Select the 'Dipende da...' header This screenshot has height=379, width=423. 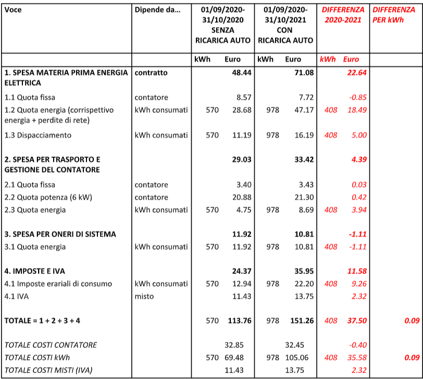pyautogui.click(x=157, y=10)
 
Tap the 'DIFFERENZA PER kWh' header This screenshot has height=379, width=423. pyautogui.click(x=394, y=15)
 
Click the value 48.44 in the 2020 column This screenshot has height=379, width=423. pyautogui.click(x=242, y=73)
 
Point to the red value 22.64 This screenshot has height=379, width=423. pyautogui.click(x=357, y=73)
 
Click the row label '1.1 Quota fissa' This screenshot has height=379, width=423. pyautogui.click(x=30, y=97)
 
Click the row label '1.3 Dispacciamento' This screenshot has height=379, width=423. pyautogui.click(x=38, y=135)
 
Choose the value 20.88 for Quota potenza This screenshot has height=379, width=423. pyautogui.click(x=242, y=197)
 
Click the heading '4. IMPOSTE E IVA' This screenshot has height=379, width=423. pyautogui.click(x=35, y=271)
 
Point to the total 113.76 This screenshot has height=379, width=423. pyautogui.click(x=240, y=321)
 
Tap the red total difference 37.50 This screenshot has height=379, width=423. pyautogui.click(x=357, y=321)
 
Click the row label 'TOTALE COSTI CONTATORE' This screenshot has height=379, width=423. pyautogui.click(x=51, y=345)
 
